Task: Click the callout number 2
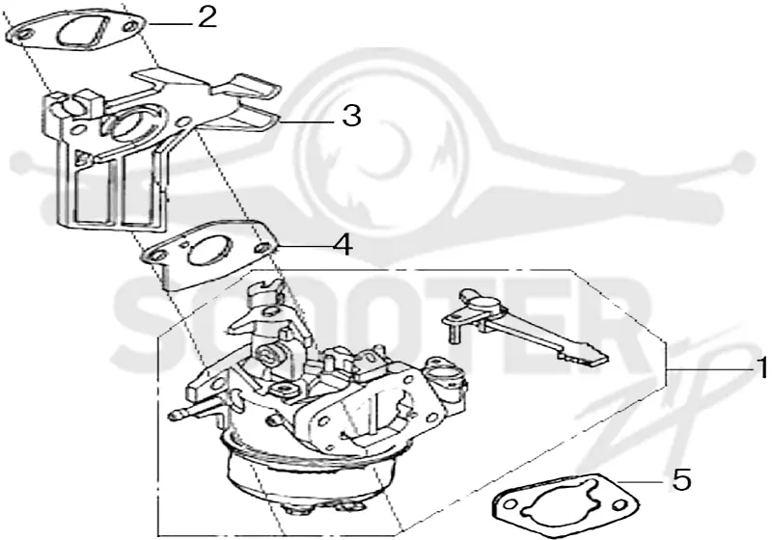click(207, 17)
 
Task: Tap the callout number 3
click(351, 117)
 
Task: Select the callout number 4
click(343, 244)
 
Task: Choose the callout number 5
click(681, 479)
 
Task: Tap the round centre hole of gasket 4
click(210, 250)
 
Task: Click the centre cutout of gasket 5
click(565, 499)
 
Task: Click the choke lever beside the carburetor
click(524, 326)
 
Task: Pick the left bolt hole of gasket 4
click(157, 256)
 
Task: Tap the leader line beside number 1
click(709, 368)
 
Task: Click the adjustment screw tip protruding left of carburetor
click(174, 415)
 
